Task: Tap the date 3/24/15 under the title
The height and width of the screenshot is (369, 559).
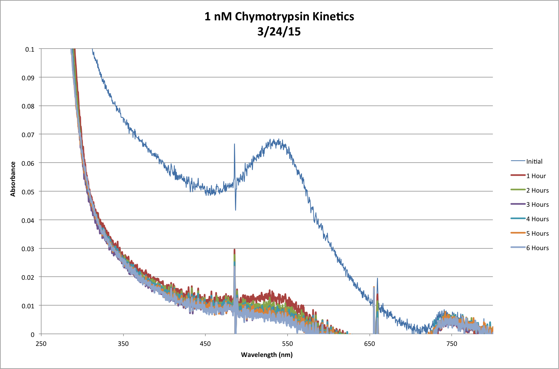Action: point(279,32)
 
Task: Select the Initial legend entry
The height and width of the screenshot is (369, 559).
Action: point(534,162)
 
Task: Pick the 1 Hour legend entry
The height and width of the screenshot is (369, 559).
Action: point(536,176)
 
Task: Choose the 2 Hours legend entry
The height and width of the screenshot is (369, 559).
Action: point(537,191)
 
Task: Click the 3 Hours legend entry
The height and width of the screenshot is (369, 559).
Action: point(537,205)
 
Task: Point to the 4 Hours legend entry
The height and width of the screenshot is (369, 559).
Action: point(537,219)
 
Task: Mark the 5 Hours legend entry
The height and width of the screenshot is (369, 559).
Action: point(537,234)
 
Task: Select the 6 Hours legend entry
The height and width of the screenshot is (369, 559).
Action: point(537,248)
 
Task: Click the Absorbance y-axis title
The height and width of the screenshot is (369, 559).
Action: point(13,179)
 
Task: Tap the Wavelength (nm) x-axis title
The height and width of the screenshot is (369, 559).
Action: point(267,355)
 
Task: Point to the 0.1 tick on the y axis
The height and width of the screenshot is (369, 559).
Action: point(30,49)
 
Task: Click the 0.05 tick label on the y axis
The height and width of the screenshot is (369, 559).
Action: point(28,192)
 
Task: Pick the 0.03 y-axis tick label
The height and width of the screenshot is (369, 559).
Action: point(28,249)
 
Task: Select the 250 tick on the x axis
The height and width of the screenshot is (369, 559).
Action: point(41,344)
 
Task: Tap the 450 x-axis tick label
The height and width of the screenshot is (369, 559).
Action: point(205,344)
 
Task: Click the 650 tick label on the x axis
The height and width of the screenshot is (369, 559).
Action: point(369,344)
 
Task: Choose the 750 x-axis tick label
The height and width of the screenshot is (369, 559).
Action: point(452,344)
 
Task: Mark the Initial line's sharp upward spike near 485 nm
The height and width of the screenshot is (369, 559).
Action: point(235,144)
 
